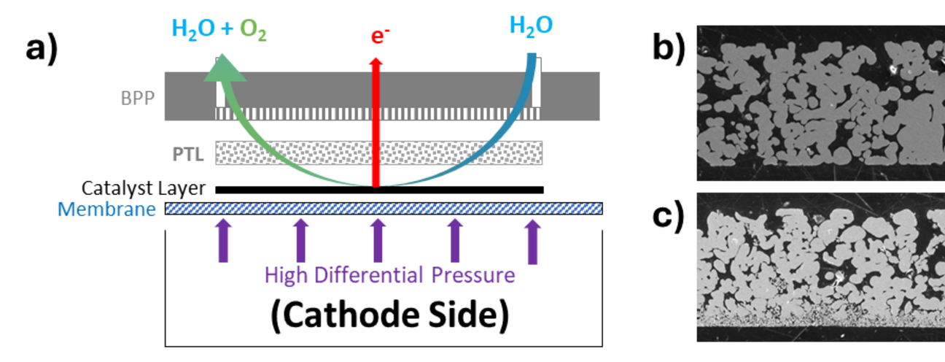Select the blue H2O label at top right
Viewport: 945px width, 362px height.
(x=530, y=26)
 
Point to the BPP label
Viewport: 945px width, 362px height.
(x=139, y=98)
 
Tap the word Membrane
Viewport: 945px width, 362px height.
(x=106, y=209)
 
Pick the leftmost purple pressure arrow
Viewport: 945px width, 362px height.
(x=223, y=242)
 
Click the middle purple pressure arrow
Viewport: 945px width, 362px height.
(x=377, y=242)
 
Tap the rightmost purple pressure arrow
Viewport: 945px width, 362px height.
(x=533, y=242)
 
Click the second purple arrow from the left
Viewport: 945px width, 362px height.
(x=300, y=242)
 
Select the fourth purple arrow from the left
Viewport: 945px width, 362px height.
(x=454, y=242)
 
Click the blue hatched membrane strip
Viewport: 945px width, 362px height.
(x=384, y=209)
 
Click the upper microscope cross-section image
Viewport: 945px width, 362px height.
(x=820, y=103)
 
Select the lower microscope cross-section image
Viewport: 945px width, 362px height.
(x=820, y=266)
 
